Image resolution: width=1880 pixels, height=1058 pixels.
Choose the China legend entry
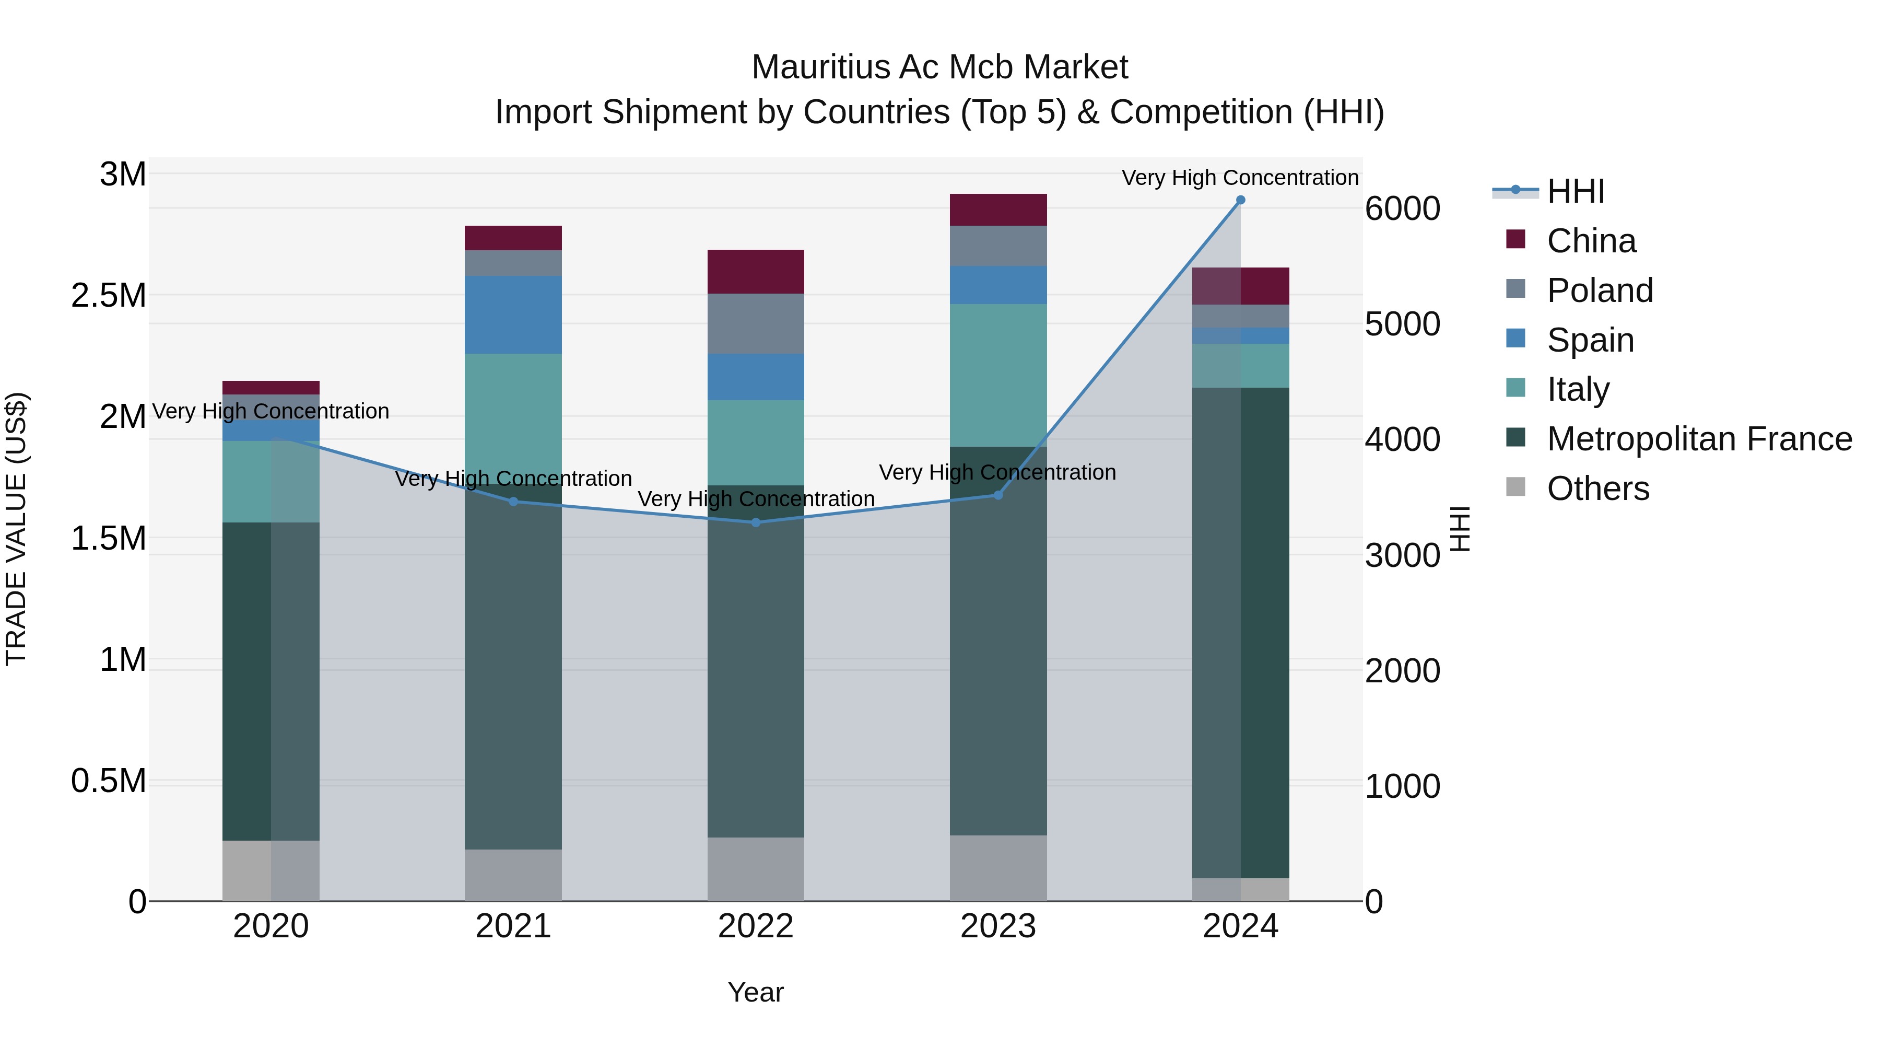[1591, 241]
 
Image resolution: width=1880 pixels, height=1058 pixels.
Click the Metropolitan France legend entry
[1699, 439]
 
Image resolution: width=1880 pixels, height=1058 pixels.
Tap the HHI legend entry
[1575, 191]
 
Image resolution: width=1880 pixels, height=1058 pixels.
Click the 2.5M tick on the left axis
[109, 296]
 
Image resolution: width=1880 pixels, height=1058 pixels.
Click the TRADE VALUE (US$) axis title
[16, 529]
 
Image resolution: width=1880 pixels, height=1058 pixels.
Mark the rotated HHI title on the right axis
[1460, 529]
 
